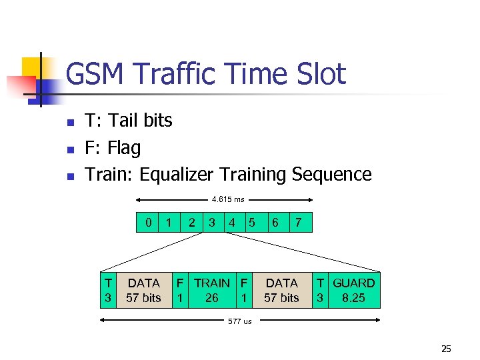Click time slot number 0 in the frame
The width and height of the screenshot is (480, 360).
point(148,222)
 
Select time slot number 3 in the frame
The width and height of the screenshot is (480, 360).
point(212,222)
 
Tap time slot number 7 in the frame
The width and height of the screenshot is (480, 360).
point(299,222)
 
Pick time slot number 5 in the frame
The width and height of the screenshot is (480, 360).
point(252,222)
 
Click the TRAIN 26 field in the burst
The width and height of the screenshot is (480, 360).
point(212,291)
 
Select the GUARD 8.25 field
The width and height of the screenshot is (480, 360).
point(353,291)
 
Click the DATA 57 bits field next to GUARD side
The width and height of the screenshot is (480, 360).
point(281,291)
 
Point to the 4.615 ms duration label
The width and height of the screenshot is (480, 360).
point(228,199)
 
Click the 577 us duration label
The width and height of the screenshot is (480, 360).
point(240,321)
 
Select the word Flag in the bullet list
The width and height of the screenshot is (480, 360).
point(124,147)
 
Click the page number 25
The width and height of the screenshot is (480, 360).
point(446,348)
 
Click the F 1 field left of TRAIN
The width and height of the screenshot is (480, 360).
point(180,291)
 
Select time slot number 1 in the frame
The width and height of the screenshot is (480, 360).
point(169,222)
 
